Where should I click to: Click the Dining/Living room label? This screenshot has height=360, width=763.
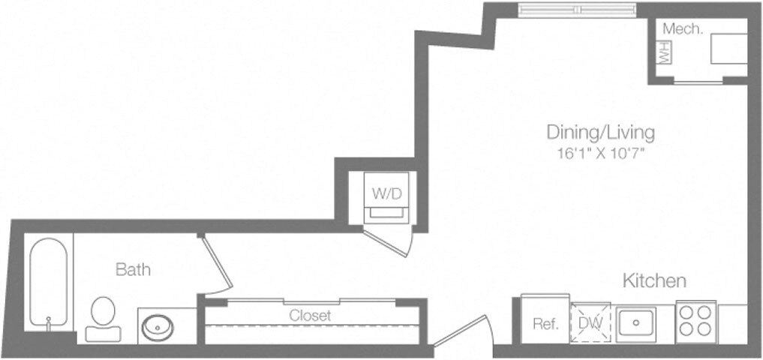(599, 133)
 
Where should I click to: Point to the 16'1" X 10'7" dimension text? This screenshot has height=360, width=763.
(599, 153)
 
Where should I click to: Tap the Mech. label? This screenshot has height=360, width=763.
(683, 30)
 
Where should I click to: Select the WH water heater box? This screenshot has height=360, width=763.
(663, 52)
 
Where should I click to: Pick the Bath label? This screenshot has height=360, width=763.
(133, 269)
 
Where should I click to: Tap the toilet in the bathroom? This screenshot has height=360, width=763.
(102, 318)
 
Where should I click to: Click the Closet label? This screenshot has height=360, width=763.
(311, 316)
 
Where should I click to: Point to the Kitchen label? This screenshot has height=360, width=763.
(654, 281)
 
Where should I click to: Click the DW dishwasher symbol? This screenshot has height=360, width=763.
(590, 323)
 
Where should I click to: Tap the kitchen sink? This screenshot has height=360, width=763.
(635, 323)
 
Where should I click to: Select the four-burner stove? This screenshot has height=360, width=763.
(695, 321)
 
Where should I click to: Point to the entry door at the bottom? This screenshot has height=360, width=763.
(463, 335)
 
